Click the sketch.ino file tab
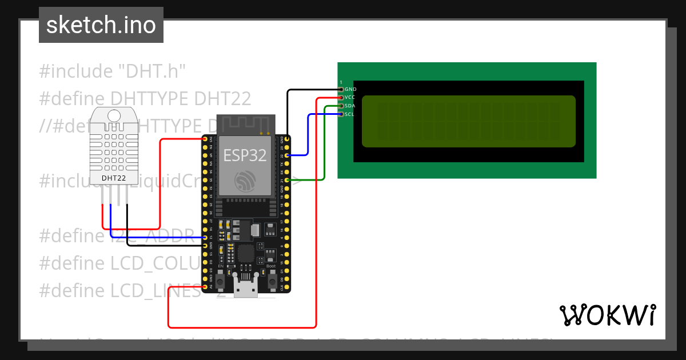101,25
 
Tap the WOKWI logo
607,315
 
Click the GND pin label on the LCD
350,89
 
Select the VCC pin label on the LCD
350,98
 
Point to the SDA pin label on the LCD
350,106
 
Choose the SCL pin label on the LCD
350,114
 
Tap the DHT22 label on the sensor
114,178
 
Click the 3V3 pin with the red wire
205,139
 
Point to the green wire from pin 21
324,143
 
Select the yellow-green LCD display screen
468,121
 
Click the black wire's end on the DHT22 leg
127,206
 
